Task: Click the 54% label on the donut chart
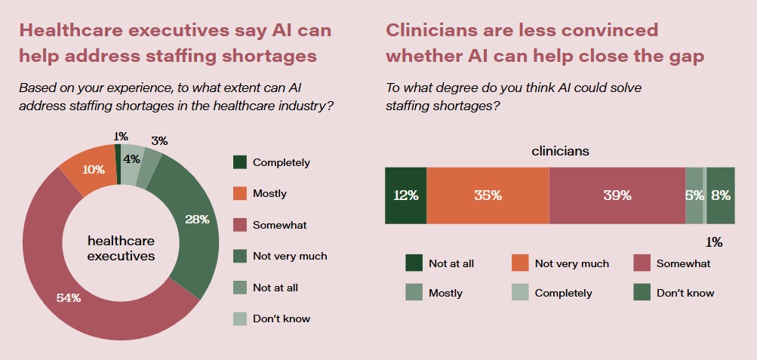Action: click(69, 297)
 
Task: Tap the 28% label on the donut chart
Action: click(198, 219)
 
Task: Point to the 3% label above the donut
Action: click(159, 140)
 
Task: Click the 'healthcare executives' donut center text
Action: click(121, 248)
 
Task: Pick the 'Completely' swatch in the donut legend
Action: click(240, 162)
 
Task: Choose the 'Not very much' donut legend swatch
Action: click(240, 256)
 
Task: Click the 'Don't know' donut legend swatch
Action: click(240, 318)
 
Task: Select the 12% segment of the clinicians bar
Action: click(405, 195)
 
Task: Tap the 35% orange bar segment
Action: click(488, 195)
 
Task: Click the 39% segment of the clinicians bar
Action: click(617, 195)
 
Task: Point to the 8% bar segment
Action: click(721, 195)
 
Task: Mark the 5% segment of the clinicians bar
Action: click(694, 195)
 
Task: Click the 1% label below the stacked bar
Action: click(714, 242)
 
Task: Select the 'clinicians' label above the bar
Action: click(560, 151)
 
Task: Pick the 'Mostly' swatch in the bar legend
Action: click(414, 292)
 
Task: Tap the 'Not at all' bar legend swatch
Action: click(414, 263)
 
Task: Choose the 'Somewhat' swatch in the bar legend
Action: click(642, 263)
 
